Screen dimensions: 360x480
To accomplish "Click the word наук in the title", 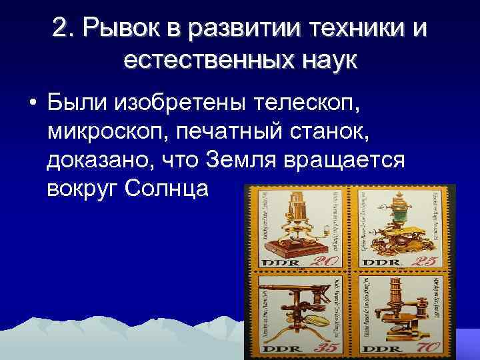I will click(325, 63).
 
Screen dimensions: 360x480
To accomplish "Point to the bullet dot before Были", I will click(31, 105).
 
